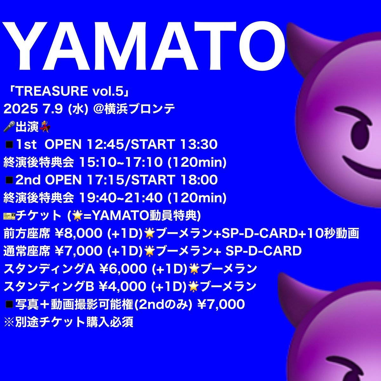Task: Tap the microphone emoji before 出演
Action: [9, 126]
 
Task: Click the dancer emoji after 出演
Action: [44, 127]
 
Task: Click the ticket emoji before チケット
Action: [9, 216]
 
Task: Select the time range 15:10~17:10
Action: [121, 162]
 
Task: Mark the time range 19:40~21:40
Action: [121, 197]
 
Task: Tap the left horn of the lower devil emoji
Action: [287, 287]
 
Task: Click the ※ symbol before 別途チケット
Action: [9, 322]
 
